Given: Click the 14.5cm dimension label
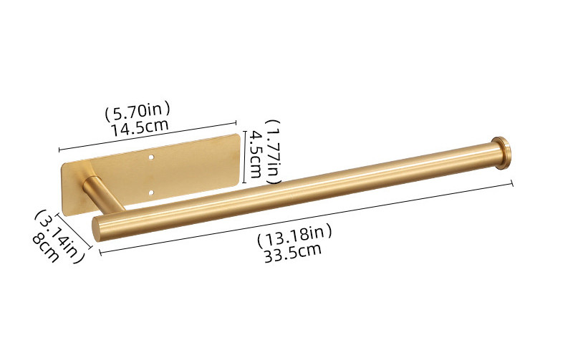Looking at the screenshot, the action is [140, 127].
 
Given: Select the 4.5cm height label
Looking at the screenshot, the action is [255, 155].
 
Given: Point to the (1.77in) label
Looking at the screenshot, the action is [274, 151].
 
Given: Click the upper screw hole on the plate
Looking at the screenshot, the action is [151, 157].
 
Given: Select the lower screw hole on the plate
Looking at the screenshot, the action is [152, 193].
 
